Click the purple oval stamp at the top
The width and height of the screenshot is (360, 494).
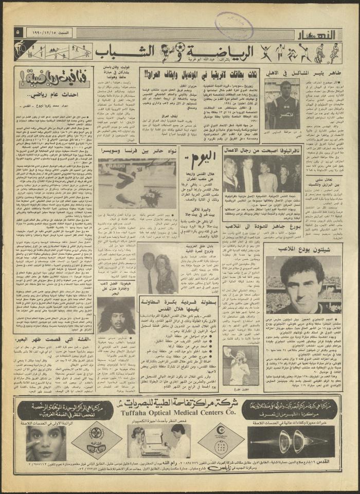(x=234, y=24)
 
